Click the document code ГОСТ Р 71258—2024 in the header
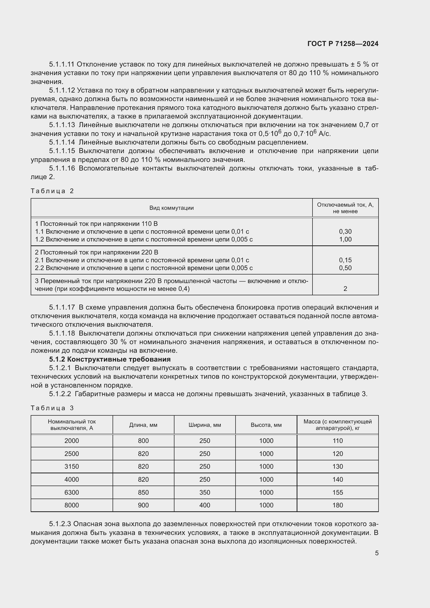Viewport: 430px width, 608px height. point(343,44)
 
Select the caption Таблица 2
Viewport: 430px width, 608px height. point(52,191)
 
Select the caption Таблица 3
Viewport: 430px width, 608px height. point(52,408)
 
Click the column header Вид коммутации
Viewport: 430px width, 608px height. point(171,208)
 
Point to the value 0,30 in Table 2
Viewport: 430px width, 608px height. point(345,231)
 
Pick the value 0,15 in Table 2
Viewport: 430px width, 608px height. point(345,260)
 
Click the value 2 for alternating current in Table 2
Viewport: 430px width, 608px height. point(345,289)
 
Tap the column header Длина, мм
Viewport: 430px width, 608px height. point(143,425)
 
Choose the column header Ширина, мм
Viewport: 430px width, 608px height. point(205,425)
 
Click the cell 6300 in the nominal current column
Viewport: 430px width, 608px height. point(72,492)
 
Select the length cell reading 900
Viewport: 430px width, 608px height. point(143,505)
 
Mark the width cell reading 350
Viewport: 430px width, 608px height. point(205,492)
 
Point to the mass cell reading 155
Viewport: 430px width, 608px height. point(338,492)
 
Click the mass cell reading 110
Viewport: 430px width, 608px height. point(338,441)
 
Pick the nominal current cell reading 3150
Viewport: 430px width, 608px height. point(72,467)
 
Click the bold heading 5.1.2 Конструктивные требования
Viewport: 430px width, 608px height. point(110,359)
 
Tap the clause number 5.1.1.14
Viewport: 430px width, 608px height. point(62,142)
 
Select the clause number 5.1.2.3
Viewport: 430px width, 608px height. point(60,524)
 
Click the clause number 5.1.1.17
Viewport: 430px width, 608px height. point(62,308)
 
